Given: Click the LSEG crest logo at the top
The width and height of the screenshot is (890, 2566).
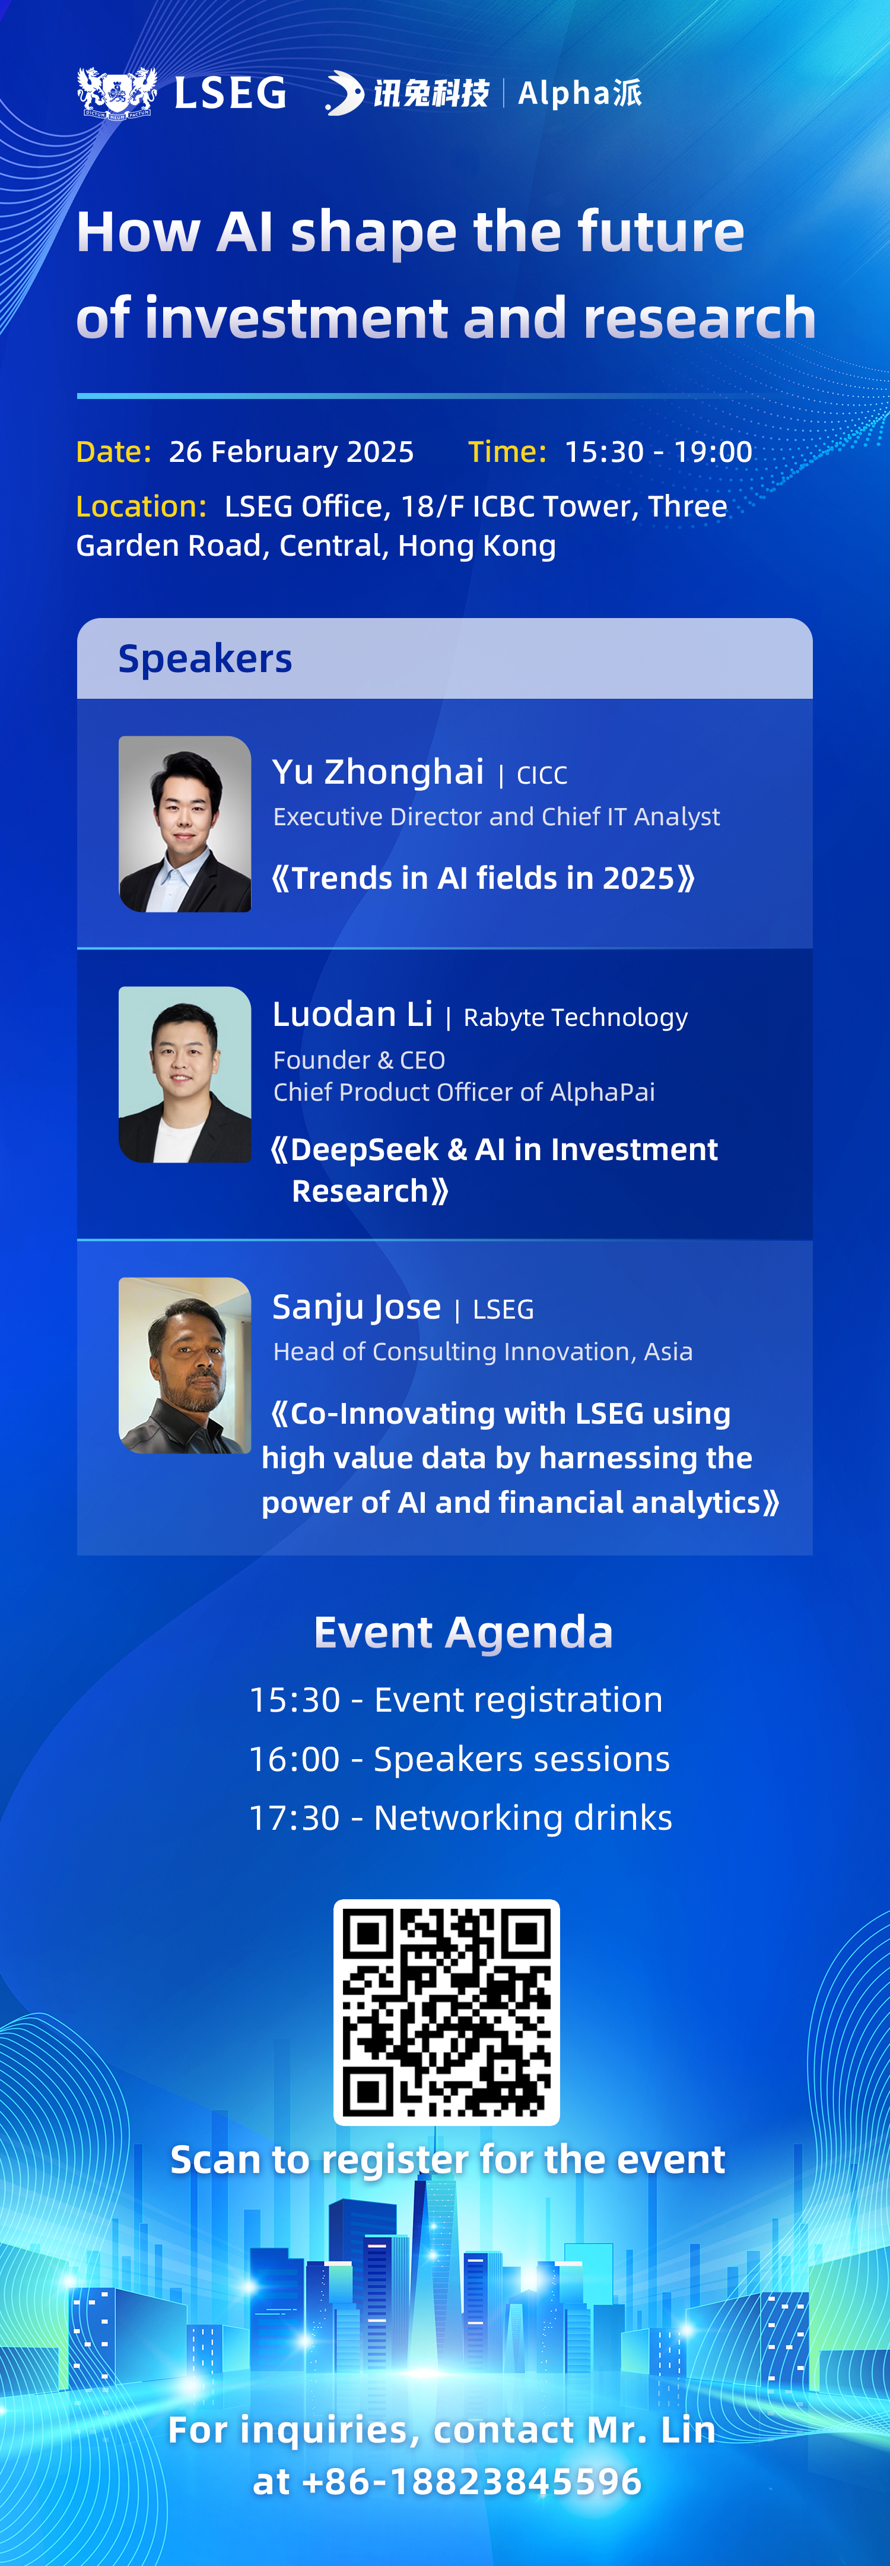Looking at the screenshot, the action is (117, 93).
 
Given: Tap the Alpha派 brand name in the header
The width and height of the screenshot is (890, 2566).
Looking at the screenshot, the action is (580, 93).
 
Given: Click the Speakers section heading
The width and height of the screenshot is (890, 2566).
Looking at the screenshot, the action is (205, 658).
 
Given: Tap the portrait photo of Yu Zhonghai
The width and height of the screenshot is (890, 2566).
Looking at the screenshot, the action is (185, 824).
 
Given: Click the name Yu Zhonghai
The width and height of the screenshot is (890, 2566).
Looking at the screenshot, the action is (379, 771).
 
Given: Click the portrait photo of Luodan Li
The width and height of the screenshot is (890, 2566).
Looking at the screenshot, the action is (185, 1074).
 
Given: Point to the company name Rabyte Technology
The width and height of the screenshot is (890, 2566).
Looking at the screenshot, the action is (576, 1017).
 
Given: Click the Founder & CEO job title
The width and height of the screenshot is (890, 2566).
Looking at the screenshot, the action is (360, 1060).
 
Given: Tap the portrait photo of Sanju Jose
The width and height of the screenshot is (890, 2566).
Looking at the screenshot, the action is (185, 1365).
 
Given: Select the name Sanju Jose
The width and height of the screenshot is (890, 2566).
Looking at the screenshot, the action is (357, 1307).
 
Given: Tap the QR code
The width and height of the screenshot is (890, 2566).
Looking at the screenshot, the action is (446, 2012).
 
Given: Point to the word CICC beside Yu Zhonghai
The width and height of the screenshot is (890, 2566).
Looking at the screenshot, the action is (542, 775).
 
